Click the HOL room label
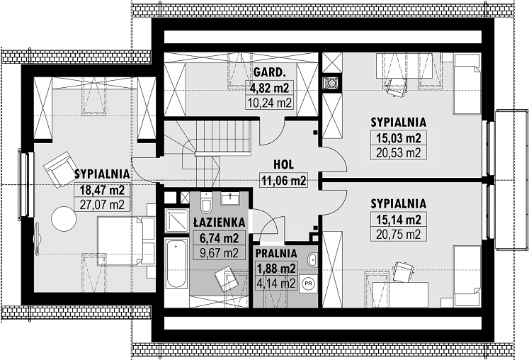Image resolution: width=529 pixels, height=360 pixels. tap(283, 165)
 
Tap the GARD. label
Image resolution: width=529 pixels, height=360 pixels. tap(268, 72)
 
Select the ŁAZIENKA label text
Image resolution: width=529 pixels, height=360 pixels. tap(219, 223)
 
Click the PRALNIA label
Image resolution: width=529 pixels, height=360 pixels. tap(276, 253)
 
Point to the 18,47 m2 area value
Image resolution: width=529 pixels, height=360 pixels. tap(102, 190)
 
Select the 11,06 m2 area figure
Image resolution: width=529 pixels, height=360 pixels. tap(284, 181)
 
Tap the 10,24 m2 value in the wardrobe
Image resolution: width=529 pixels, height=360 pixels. tap(269, 102)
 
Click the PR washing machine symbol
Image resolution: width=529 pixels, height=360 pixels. tap(308, 283)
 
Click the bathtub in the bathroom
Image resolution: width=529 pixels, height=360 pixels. tap(177, 264)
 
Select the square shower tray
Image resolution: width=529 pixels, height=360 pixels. tap(177, 220)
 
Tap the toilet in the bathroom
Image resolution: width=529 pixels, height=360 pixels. tap(205, 203)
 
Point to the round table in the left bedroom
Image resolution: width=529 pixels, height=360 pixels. tap(64, 219)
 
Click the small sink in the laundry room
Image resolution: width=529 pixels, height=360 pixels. tap(313, 259)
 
